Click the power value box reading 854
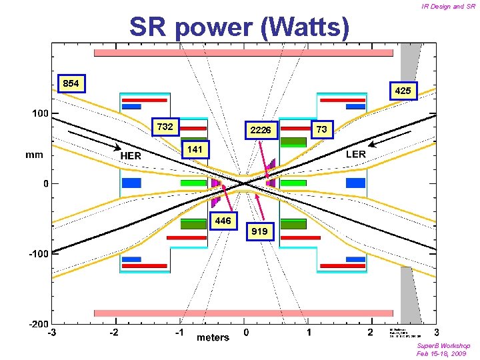pyautogui.click(x=71, y=83)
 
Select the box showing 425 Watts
pyautogui.click(x=403, y=90)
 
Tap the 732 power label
pyautogui.click(x=165, y=127)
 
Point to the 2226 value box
pyautogui.click(x=260, y=130)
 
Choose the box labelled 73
pyautogui.click(x=321, y=129)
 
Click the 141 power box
pyautogui.click(x=195, y=149)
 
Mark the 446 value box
pyautogui.click(x=223, y=221)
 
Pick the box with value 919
pyautogui.click(x=260, y=231)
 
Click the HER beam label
pyautogui.click(x=131, y=155)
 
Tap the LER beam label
pyautogui.click(x=356, y=154)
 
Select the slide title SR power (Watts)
pyautogui.click(x=239, y=27)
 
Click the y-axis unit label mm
pyautogui.click(x=34, y=155)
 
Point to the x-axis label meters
pyautogui.click(x=212, y=337)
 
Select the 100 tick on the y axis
pyautogui.click(x=40, y=113)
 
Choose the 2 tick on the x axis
pyautogui.click(x=370, y=332)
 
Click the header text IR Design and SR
pyautogui.click(x=448, y=7)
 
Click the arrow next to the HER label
pyautogui.click(x=94, y=140)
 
